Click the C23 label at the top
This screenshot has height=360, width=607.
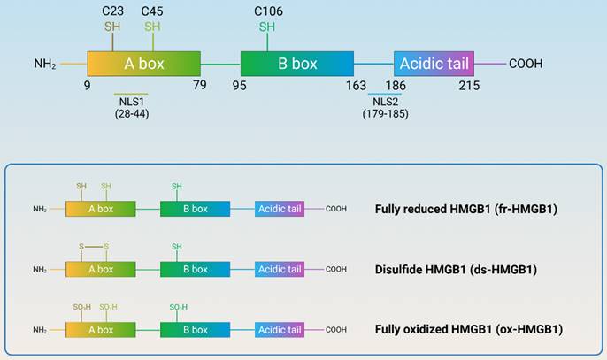point(111,11)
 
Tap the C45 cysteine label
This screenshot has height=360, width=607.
point(152,11)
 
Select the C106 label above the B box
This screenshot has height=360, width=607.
point(267,11)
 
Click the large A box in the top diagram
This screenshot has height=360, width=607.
point(144,64)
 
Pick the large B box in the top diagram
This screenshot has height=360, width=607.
point(297,64)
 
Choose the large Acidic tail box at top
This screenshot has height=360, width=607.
point(434,64)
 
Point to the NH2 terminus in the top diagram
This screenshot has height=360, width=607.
point(45,64)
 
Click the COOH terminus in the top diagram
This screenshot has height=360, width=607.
point(525,64)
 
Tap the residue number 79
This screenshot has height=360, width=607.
point(199,86)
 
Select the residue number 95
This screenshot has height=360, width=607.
point(240,86)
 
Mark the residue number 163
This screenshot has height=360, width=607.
point(356,86)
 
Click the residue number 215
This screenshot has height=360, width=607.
point(469,86)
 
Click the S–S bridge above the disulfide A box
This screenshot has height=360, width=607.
point(94,247)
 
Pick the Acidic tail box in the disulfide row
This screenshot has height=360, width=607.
point(280,269)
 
